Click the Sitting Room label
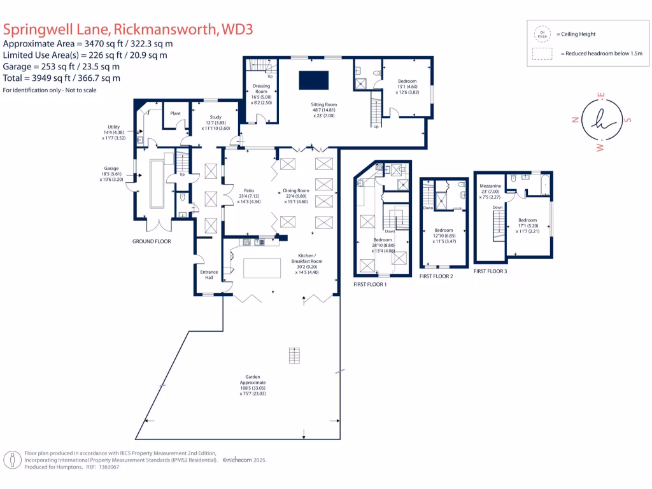click(x=323, y=104)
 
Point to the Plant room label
click(x=174, y=113)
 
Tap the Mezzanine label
click(x=490, y=185)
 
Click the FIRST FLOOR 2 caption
click(x=436, y=276)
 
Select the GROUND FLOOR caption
click(x=152, y=241)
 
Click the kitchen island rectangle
click(x=263, y=268)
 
